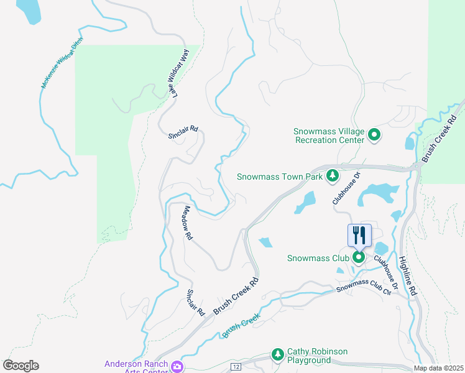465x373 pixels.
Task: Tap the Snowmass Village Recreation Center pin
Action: (374, 134)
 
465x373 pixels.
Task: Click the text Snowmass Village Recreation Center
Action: (329, 136)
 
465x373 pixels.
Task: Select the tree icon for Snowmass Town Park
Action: (333, 176)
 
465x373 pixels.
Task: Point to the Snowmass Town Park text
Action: (280, 177)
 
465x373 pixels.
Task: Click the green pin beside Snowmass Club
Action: (359, 257)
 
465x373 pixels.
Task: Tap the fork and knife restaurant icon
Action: (359, 235)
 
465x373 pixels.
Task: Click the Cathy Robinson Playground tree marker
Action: (277, 355)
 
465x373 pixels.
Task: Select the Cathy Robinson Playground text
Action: (317, 356)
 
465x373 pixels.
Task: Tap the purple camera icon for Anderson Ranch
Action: (178, 366)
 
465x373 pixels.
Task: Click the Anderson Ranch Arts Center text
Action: (137, 367)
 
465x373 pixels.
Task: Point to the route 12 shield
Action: (235, 368)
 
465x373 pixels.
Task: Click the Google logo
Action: (21, 366)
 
